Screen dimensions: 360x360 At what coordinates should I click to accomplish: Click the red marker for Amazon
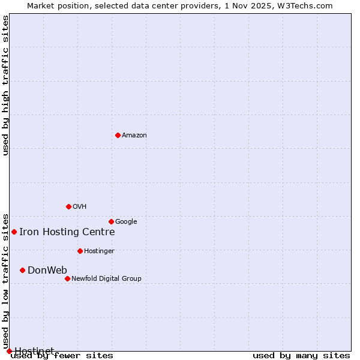point(118,135)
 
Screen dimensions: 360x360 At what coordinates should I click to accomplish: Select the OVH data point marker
point(68,206)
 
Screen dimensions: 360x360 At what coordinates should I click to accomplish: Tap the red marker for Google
point(111,221)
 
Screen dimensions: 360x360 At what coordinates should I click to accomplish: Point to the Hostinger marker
point(80,251)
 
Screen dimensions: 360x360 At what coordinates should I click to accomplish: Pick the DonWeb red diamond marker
point(22,270)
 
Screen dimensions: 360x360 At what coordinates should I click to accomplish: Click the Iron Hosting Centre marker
point(14,232)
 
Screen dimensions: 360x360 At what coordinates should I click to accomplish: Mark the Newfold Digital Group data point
point(67,278)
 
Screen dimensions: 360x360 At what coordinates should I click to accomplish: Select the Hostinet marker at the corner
point(9,351)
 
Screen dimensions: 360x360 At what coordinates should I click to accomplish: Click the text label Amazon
point(134,136)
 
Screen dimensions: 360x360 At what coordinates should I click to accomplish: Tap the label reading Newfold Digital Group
point(106,278)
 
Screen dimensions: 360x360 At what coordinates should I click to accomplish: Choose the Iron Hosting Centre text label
point(67,232)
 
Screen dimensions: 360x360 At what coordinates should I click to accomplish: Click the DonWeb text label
point(47,270)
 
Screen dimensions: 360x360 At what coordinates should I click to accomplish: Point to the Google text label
point(126,222)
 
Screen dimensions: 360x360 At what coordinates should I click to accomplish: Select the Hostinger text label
point(99,251)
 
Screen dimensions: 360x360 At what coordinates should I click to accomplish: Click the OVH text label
point(80,207)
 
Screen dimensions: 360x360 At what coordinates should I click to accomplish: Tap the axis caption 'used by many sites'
point(301,355)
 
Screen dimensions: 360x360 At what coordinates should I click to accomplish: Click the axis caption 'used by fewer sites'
point(62,356)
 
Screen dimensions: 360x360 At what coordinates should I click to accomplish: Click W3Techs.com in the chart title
point(307,5)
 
